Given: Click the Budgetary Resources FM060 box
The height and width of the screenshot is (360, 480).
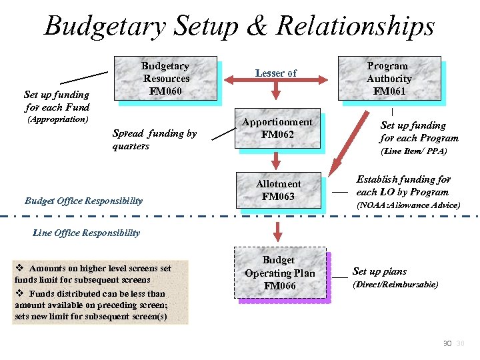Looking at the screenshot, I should (166, 79).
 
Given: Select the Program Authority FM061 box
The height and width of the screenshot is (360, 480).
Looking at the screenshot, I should (389, 79).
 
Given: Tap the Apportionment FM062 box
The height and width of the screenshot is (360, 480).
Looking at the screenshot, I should (277, 129).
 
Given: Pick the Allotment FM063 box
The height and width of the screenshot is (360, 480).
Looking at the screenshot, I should (278, 191).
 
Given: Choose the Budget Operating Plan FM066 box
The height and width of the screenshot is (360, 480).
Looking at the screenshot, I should (279, 273).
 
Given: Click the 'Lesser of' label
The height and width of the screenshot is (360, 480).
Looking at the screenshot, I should (276, 73).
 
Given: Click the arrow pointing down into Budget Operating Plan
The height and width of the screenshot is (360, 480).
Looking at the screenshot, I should (278, 231).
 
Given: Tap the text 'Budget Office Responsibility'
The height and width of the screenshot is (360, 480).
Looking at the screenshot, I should (83, 201).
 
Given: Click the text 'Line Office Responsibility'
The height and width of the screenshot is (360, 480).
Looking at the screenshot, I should (86, 233).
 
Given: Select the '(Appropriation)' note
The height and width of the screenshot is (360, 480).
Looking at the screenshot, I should (57, 120).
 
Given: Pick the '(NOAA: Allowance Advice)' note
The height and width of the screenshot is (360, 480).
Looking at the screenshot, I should (408, 205).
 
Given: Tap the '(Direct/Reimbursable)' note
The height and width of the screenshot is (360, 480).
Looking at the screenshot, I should (395, 285).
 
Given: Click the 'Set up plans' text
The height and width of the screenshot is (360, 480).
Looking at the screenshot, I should (379, 271).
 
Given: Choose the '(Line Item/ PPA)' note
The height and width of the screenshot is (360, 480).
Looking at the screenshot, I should (413, 151).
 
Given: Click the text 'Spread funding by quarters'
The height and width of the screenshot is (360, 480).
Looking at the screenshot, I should (154, 140).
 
